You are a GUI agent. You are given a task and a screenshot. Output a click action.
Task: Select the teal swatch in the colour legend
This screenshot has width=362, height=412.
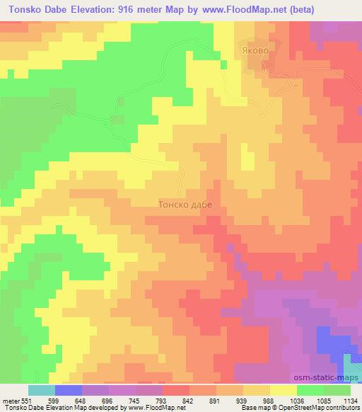(41, 391)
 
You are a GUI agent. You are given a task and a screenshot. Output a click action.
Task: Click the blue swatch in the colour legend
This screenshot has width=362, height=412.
(69, 391)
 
